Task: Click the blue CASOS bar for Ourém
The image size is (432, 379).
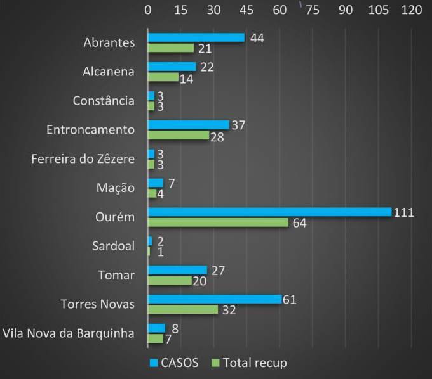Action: point(269,212)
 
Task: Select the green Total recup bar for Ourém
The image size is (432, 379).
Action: point(218,222)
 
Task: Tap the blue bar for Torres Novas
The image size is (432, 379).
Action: point(214,299)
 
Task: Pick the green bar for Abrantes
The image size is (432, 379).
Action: point(171,48)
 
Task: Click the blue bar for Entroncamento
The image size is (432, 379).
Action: point(188,125)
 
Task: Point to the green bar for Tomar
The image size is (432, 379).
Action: point(170,281)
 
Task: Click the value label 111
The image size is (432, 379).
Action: point(403,212)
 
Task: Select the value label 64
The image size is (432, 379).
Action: point(299,224)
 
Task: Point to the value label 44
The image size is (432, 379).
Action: point(257,38)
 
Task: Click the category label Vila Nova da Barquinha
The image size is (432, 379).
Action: point(69,333)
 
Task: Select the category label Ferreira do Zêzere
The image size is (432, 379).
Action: point(83,158)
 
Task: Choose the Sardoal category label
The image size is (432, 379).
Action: point(113,246)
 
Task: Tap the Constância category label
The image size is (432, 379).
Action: point(104,100)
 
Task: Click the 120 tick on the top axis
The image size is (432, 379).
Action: point(412,10)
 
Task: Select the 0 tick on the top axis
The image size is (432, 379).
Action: point(148,10)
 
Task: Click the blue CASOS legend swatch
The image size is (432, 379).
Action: point(154,363)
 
